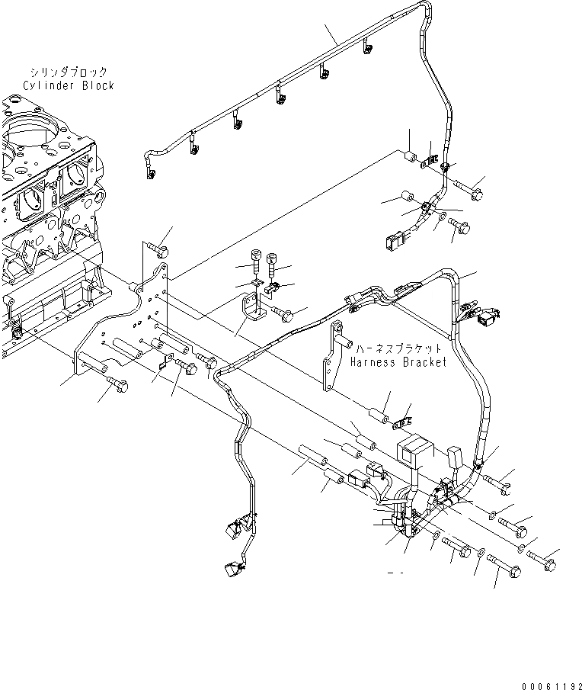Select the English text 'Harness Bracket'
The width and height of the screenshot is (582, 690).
(398, 362)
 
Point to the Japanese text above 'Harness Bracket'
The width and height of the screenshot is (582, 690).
(398, 348)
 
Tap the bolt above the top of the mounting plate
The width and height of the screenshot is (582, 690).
(157, 247)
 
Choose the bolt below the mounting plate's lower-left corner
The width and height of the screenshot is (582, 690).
(117, 380)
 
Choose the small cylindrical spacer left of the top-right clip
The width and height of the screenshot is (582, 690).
(411, 158)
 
